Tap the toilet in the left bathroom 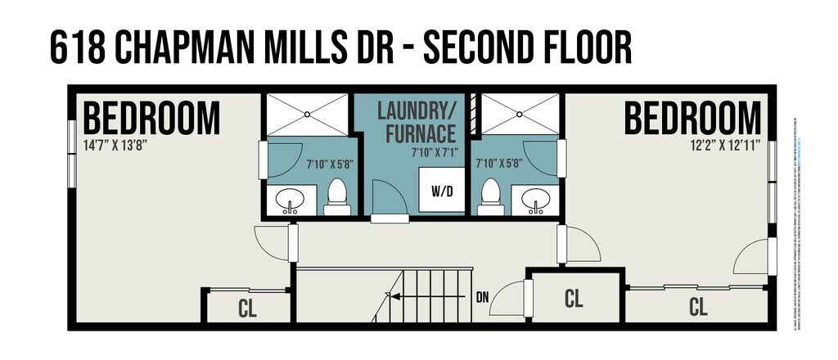(336, 196)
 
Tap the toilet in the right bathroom (491, 196)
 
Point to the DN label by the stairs (483, 297)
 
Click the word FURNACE (416, 132)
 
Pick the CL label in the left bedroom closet (248, 309)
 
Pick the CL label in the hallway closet (574, 299)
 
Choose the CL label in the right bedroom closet (698, 308)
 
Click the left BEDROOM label (152, 119)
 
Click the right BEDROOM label (692, 119)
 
